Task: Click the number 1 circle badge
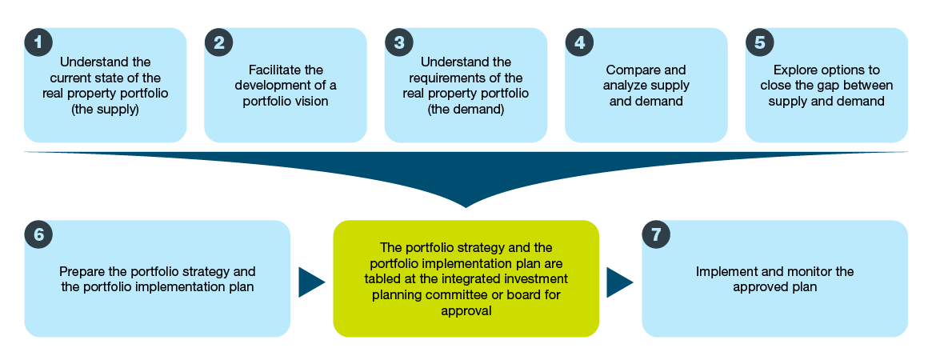click(x=38, y=42)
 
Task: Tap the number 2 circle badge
click(x=218, y=42)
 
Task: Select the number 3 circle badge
click(x=398, y=42)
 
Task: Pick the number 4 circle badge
click(x=579, y=42)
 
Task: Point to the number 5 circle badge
click(x=759, y=42)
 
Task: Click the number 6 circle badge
click(x=38, y=234)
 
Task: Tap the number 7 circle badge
click(x=656, y=234)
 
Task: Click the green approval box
click(x=466, y=278)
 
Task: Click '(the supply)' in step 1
click(x=106, y=110)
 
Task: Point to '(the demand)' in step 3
click(x=466, y=110)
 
